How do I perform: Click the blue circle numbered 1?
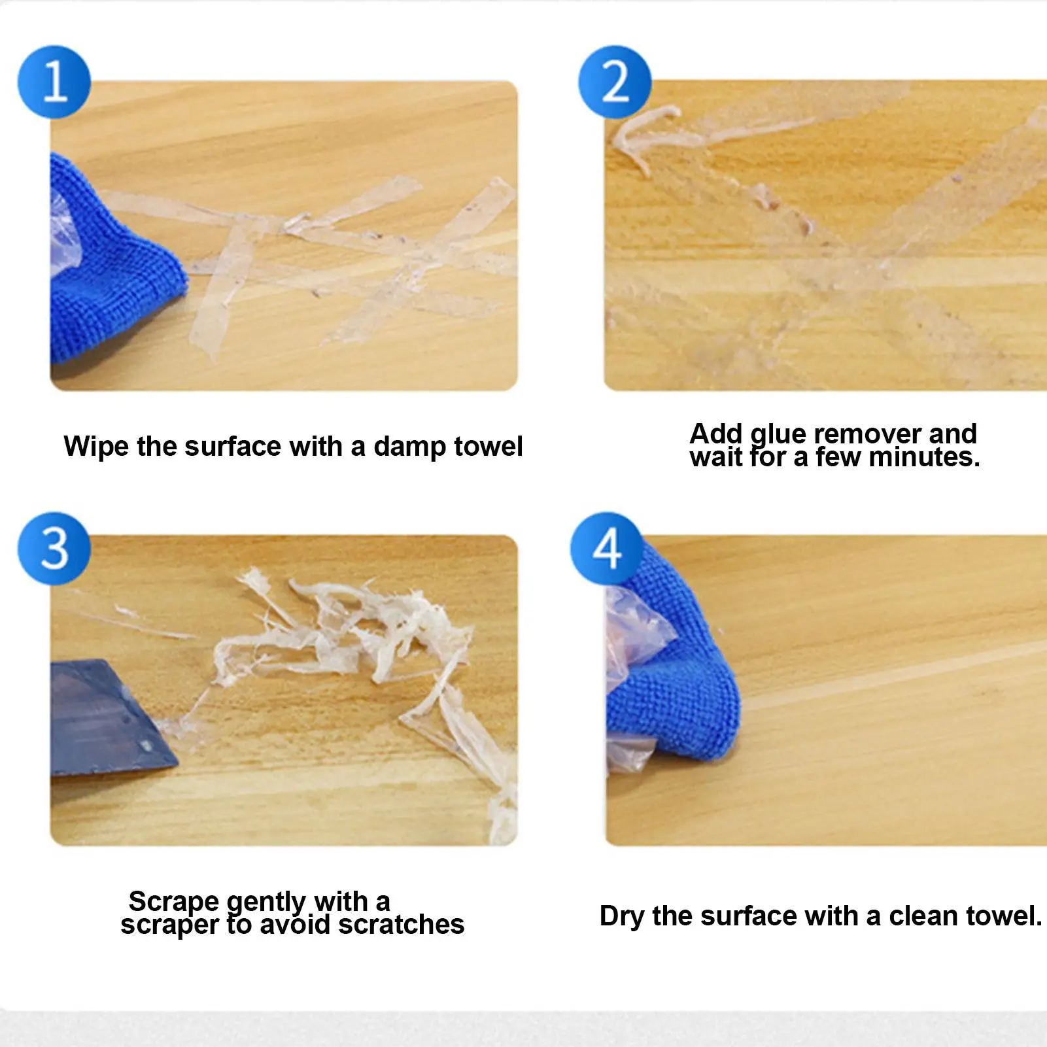pos(54,82)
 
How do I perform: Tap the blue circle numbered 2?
pos(615,82)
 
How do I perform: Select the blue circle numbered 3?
pos(54,548)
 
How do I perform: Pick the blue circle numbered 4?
pos(607,548)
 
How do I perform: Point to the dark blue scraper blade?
pos(108,719)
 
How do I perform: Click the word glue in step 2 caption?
pos(778,434)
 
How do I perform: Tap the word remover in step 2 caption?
pos(868,434)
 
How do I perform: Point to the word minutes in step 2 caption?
pos(923,457)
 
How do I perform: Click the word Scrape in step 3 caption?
pos(174,902)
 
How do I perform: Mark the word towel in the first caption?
pos(489,447)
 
